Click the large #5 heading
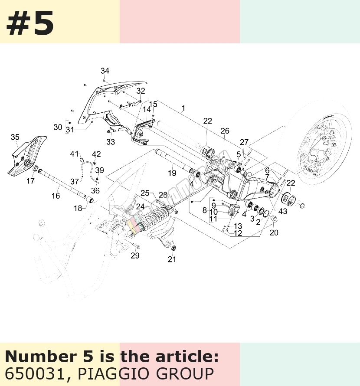[x=30, y=23]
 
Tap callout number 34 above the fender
[x=105, y=71]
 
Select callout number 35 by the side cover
[x=15, y=137]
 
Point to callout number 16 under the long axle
[x=56, y=196]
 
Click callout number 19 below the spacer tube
[x=172, y=173]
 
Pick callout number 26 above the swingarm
[x=225, y=131]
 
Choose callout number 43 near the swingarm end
[x=283, y=211]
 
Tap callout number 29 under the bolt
[x=135, y=255]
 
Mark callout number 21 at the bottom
[x=172, y=259]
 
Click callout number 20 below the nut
[x=274, y=232]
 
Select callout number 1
[x=183, y=108]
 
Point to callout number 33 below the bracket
[x=111, y=142]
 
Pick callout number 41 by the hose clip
[x=74, y=154]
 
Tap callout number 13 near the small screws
[x=238, y=226]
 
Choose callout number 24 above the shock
[x=141, y=206]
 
